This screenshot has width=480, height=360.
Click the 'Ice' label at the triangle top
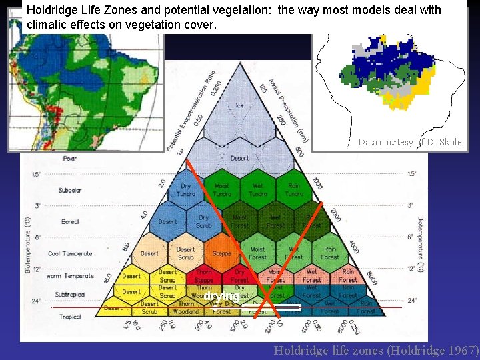pos(239,105)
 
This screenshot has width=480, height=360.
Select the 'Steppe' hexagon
pos(222,253)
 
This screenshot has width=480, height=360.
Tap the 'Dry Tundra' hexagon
pos(186,190)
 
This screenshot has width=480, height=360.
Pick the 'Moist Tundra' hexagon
pos(222,190)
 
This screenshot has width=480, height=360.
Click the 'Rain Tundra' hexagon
pos(294,190)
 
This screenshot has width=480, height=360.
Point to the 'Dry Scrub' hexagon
pos(204,221)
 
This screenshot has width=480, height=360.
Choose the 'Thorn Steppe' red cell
pos(203,276)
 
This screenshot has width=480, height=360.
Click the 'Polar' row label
pos(70,159)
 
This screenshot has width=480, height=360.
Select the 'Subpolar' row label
pos(69,191)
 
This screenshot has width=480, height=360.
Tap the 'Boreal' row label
pos(69,222)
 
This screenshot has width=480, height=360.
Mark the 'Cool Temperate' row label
pos(70,254)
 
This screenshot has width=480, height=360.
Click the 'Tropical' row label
pos(69,317)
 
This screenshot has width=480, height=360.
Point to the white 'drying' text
pos(221,295)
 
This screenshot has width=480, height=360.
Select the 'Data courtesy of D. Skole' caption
pos(409,142)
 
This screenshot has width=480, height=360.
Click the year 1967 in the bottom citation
pos(462,350)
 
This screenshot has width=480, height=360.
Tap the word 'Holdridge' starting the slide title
pos(51,10)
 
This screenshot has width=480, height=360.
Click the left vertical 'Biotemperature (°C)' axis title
pos(28,245)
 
